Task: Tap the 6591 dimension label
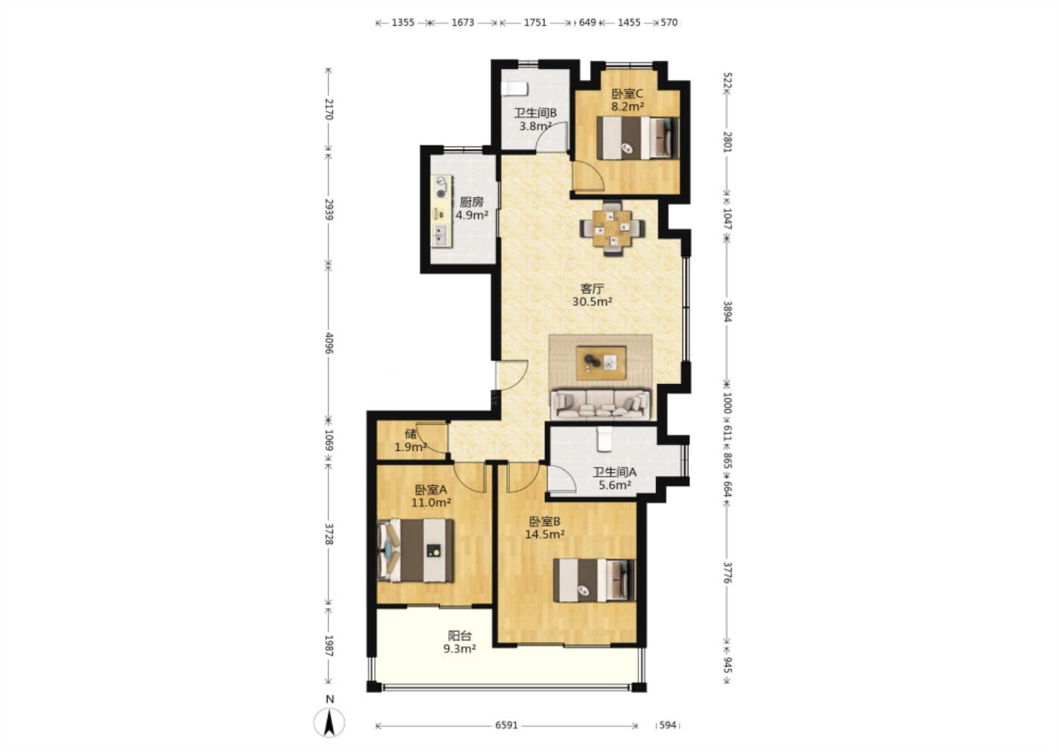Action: pyautogui.click(x=506, y=726)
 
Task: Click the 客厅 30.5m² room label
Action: pyautogui.click(x=592, y=295)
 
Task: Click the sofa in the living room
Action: pyautogui.click(x=601, y=404)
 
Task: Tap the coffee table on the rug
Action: pyautogui.click(x=601, y=363)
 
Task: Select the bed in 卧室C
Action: pyautogui.click(x=638, y=138)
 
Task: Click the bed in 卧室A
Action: pyautogui.click(x=416, y=551)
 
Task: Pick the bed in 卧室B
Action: pyautogui.click(x=594, y=580)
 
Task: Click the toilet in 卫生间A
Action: pyautogui.click(x=605, y=439)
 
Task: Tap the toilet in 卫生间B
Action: pyautogui.click(x=514, y=89)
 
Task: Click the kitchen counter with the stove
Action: pyautogui.click(x=111, y=211)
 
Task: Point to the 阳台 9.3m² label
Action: pyautogui.click(x=460, y=642)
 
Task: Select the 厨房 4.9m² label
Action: pyautogui.click(x=472, y=209)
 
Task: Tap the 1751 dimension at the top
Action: pyautogui.click(x=535, y=22)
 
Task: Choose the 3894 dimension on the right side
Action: pyautogui.click(x=727, y=311)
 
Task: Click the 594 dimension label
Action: pyautogui.click(x=668, y=726)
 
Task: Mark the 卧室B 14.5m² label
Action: pyautogui.click(x=545, y=528)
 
